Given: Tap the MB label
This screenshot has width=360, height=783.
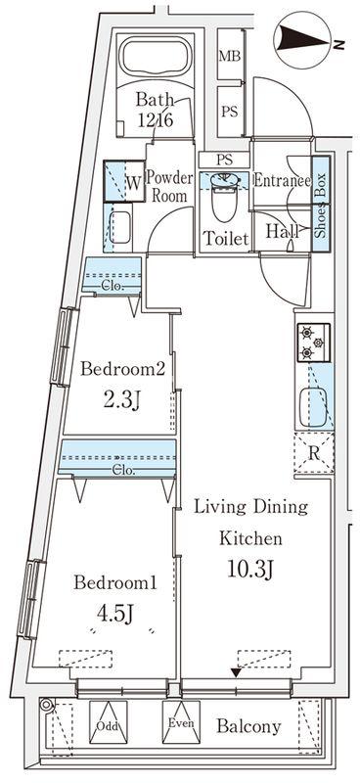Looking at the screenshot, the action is click(229, 56).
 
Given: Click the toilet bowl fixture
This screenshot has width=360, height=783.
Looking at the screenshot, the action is click(223, 196).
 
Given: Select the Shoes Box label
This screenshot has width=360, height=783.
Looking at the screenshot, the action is click(321, 206).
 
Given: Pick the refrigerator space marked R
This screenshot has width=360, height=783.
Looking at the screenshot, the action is click(314, 452).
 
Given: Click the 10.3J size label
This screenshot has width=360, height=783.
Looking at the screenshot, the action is click(249, 569).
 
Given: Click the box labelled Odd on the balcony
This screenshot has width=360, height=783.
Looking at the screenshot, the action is click(108, 721).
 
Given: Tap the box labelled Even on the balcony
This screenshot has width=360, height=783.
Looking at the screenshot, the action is click(181, 721).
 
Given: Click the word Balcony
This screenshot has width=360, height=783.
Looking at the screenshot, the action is click(248, 726).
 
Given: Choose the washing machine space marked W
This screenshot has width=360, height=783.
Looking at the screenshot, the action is click(123, 181).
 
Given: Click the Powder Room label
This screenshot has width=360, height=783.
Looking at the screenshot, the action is click(169, 186).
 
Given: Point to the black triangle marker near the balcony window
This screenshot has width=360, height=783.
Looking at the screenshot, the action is click(236, 673).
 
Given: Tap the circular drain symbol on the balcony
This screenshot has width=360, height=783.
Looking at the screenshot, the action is click(46, 705).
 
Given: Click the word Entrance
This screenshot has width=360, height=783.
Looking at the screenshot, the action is click(282, 180).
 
